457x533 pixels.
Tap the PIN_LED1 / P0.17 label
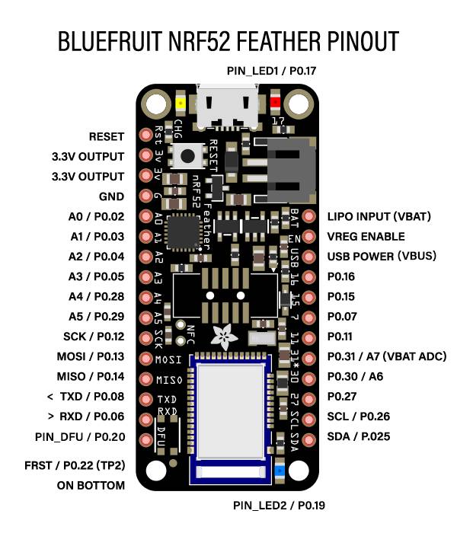(x=272, y=71)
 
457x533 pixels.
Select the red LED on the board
(x=275, y=103)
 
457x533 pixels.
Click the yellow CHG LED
(x=181, y=103)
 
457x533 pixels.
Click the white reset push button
(x=187, y=156)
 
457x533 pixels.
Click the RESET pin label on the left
(x=106, y=137)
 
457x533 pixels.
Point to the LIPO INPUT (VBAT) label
(x=379, y=217)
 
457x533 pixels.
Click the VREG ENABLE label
(x=365, y=237)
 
